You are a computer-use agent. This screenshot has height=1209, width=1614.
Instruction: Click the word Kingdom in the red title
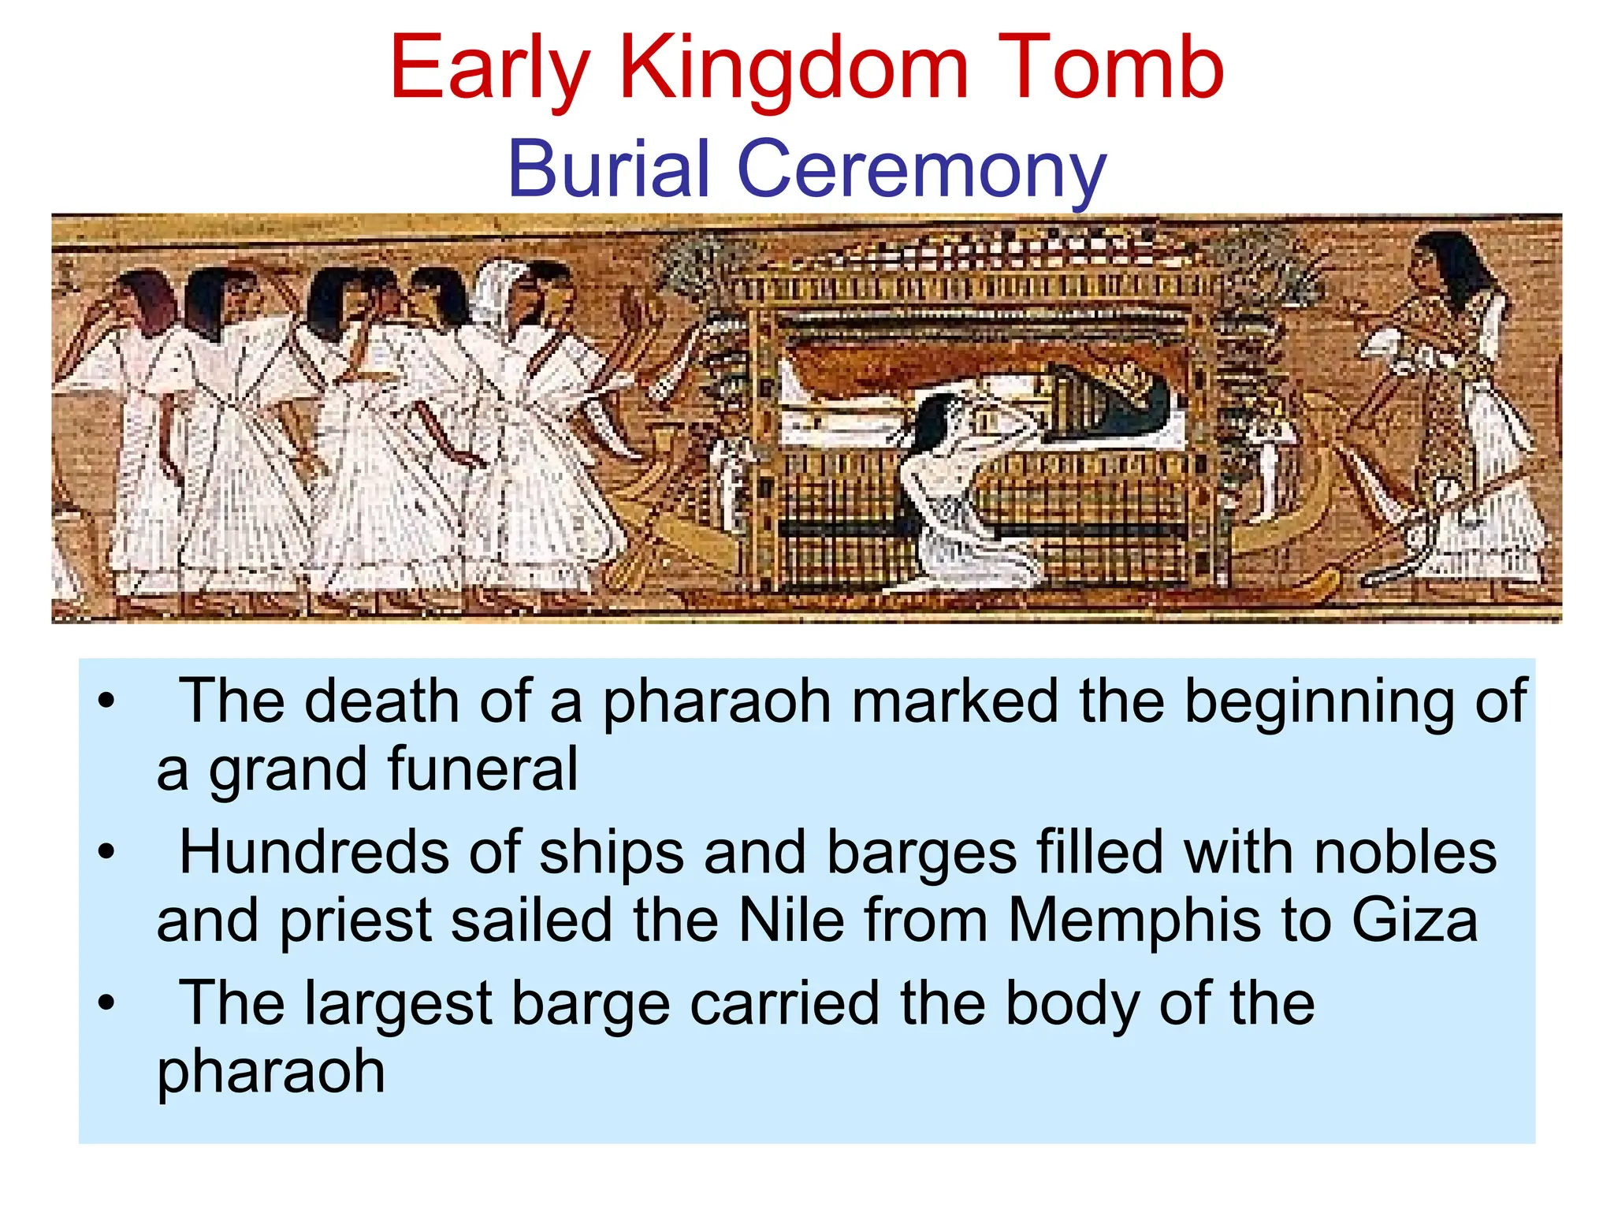coord(794,69)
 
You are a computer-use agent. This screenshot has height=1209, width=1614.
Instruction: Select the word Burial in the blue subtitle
coord(609,169)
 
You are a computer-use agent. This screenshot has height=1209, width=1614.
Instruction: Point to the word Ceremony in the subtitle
coord(921,170)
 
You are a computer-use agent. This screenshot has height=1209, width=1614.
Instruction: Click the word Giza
coord(1415,920)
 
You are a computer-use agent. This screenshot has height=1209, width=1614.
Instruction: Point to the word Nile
coord(791,920)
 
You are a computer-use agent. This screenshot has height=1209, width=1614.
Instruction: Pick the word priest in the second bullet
coord(356,920)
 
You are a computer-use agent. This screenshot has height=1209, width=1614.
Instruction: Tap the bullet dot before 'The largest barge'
coord(106,1003)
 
